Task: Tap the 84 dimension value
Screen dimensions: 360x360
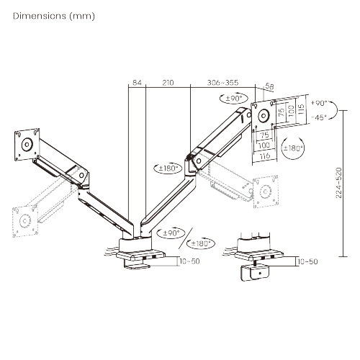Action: point(138,84)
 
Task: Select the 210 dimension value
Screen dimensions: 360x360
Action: point(168,84)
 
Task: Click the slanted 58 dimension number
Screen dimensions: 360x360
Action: point(270,87)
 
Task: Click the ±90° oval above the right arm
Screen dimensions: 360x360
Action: point(235,98)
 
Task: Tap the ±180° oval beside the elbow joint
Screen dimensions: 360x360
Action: point(168,168)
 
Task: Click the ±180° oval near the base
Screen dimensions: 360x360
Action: point(204,243)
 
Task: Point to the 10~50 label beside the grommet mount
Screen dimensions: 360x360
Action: point(307,261)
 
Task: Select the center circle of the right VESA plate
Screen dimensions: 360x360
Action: point(262,114)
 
